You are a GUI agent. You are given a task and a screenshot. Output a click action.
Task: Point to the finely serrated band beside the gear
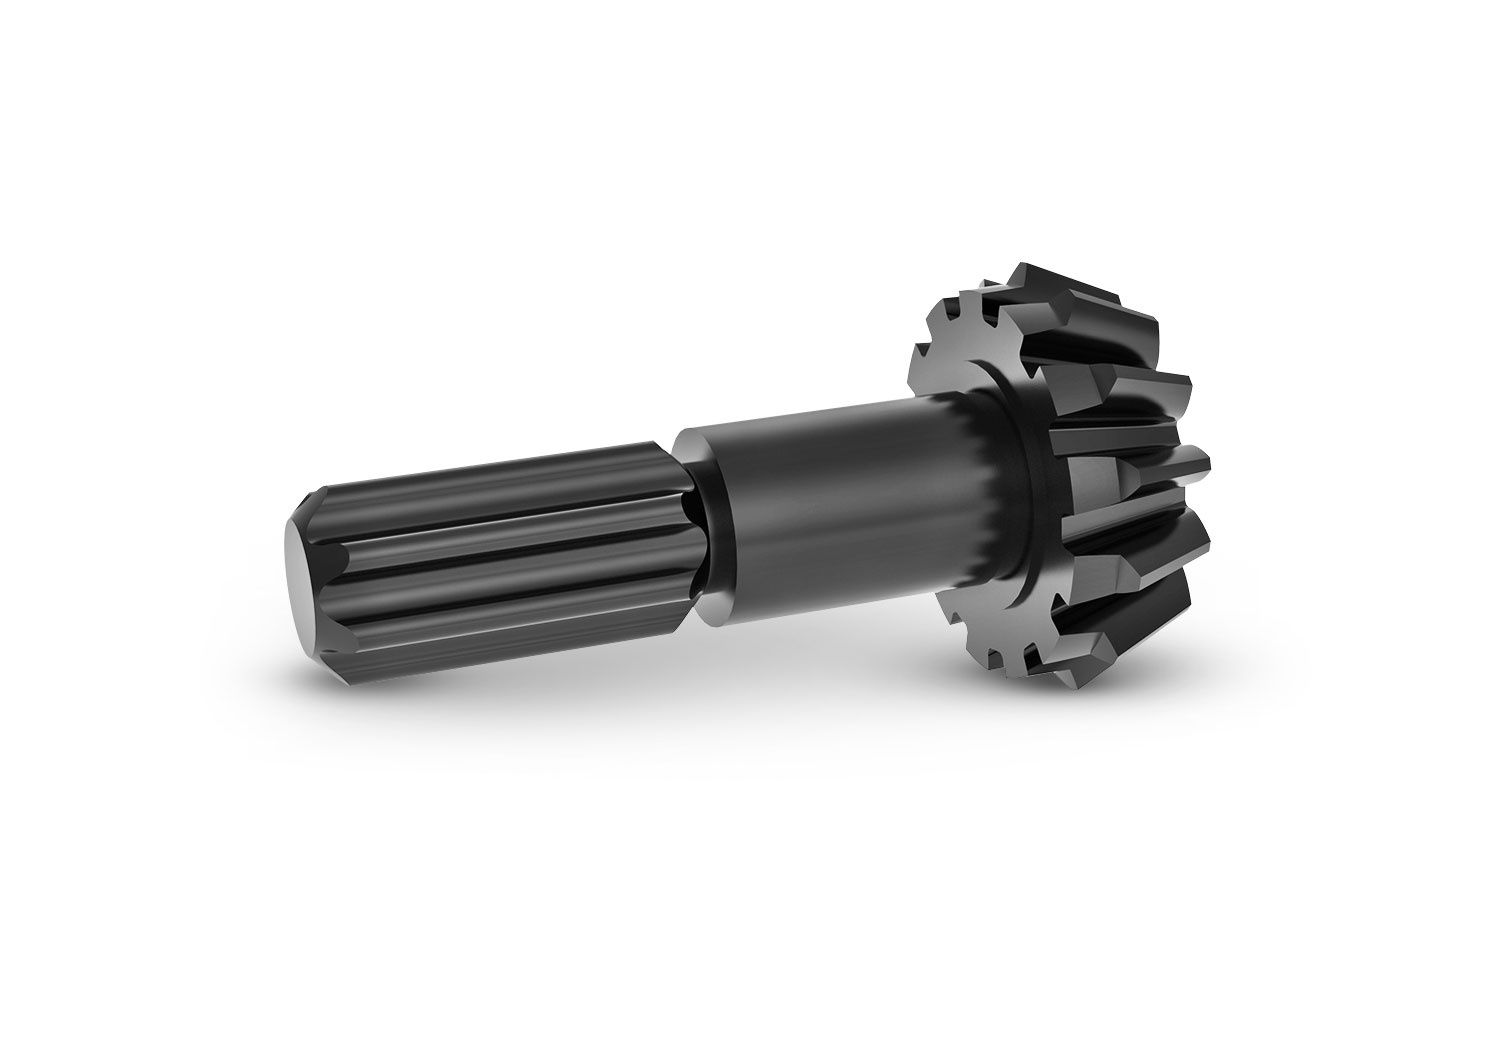(990, 500)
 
